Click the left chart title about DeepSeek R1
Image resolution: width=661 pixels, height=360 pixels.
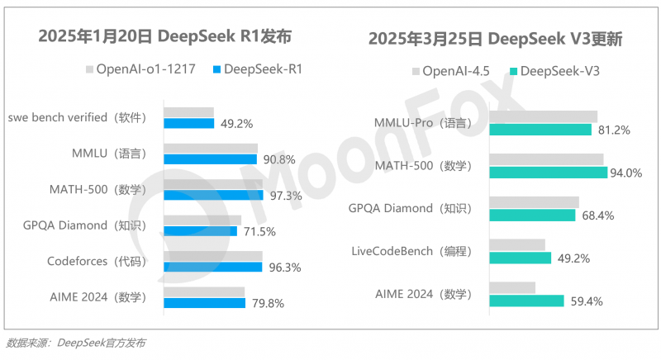pos(164,36)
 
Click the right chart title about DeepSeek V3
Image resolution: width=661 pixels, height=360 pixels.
pos(495,39)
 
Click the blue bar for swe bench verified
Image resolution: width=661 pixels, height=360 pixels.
pos(188,124)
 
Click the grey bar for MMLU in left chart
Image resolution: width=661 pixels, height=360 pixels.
pos(210,149)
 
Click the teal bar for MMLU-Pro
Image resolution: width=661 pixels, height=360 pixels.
pos(540,130)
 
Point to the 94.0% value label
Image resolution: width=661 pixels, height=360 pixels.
pos(625,173)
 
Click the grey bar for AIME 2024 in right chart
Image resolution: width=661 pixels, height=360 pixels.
pos(512,287)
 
